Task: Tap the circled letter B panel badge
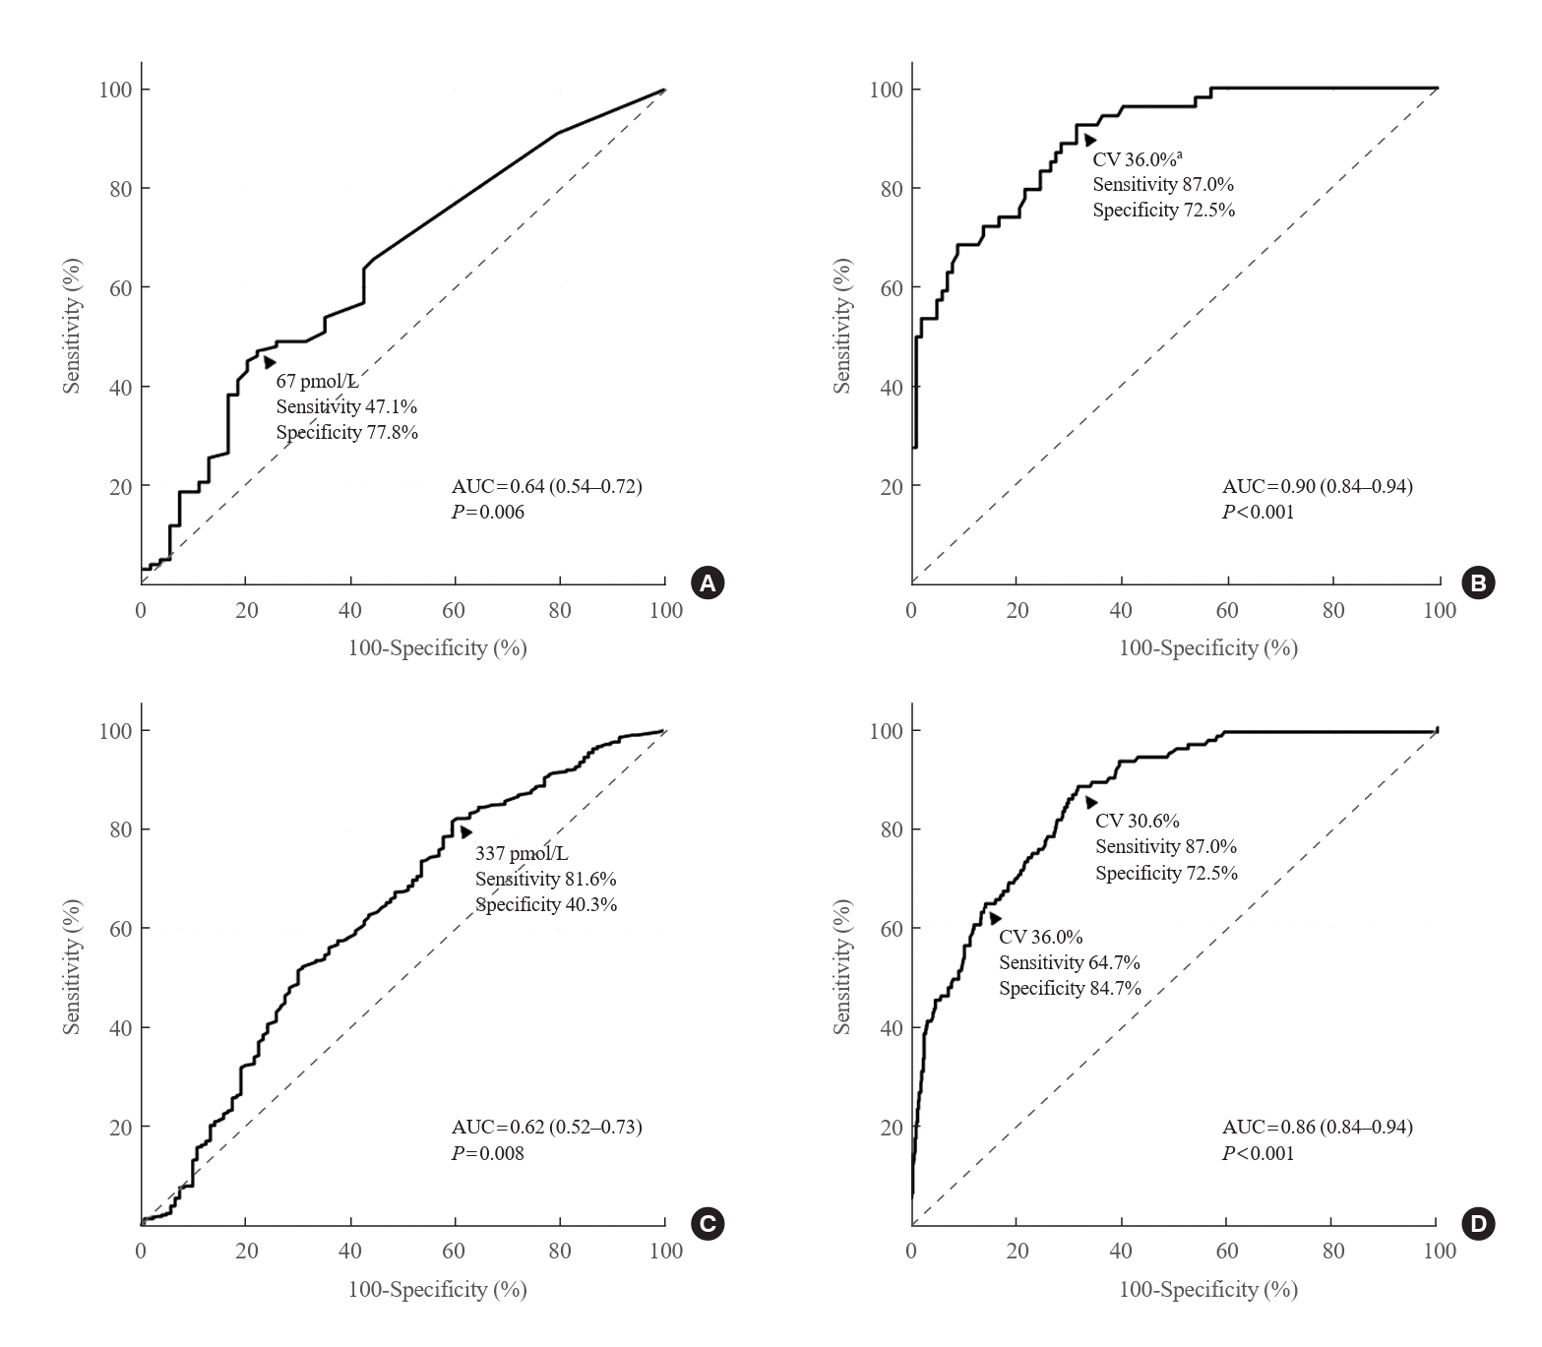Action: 1479,582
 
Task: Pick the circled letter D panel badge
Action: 1479,1224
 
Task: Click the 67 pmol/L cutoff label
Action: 317,381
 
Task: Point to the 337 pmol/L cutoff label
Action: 522,853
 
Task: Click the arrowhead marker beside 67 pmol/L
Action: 269,362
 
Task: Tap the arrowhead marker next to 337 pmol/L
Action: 465,832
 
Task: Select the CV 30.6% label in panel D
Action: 1137,821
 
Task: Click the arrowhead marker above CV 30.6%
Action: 1090,803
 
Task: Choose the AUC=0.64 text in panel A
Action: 546,486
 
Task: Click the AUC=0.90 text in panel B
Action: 1317,486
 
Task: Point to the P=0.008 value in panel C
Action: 488,1153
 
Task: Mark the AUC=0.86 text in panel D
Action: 1317,1128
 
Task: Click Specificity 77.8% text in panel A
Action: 346,432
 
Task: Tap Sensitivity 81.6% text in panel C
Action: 545,879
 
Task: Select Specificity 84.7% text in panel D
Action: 1070,988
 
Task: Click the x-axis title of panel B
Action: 1207,648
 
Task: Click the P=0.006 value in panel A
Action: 488,512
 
